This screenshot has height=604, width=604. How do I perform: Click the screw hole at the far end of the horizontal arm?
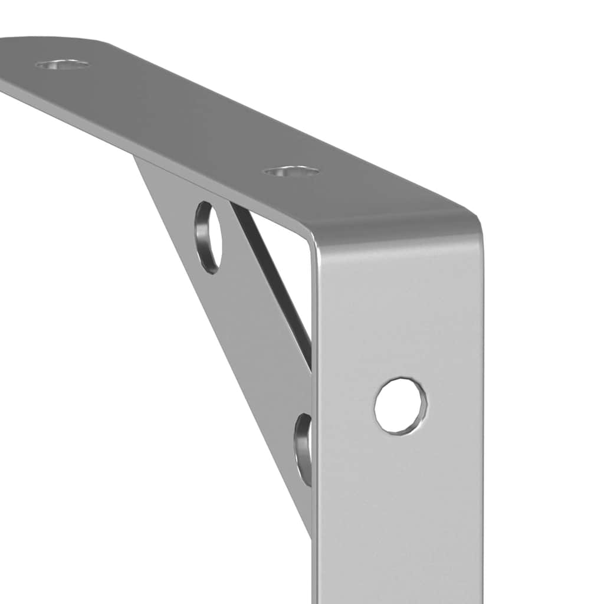click(x=63, y=64)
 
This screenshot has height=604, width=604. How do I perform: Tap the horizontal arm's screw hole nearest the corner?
click(x=291, y=172)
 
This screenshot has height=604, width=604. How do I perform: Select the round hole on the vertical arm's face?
click(x=401, y=406)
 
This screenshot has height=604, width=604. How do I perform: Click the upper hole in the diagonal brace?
click(x=209, y=237)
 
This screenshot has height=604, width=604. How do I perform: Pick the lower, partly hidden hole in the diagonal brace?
click(x=304, y=448)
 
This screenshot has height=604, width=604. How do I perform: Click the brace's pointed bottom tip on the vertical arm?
click(x=309, y=531)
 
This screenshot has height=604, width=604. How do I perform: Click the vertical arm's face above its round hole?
click(x=401, y=307)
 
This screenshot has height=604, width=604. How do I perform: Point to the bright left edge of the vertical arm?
click(x=316, y=383)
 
